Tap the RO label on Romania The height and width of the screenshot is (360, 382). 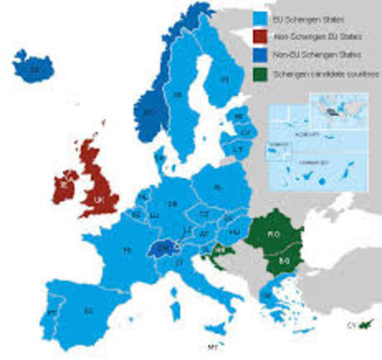point(274,234)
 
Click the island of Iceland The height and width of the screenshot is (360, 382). point(33,70)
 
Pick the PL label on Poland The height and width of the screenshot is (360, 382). point(218,187)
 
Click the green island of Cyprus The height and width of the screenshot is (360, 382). point(365,323)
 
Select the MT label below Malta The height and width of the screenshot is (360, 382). point(212,346)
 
